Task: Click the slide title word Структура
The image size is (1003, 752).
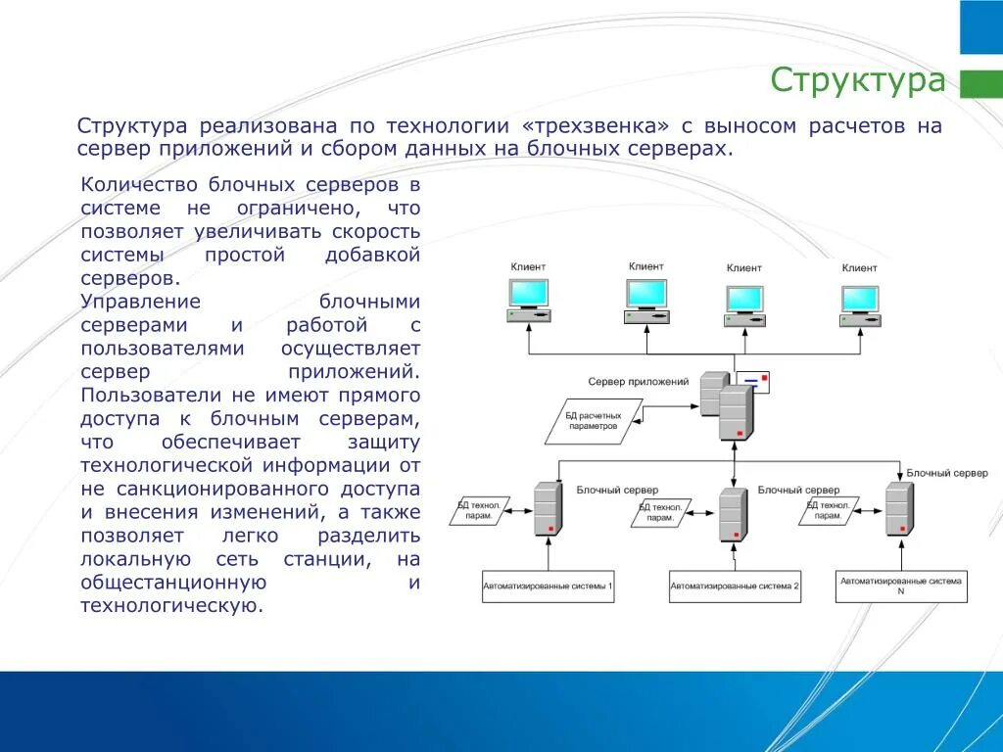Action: click(x=857, y=79)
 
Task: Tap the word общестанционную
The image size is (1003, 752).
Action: click(x=174, y=583)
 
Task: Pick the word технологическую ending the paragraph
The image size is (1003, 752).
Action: click(x=172, y=606)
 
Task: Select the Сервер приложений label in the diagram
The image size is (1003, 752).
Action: click(x=638, y=382)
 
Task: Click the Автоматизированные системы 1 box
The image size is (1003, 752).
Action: click(x=548, y=586)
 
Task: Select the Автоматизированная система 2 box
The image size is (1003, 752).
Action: click(x=735, y=586)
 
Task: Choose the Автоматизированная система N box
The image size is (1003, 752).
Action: click(x=900, y=586)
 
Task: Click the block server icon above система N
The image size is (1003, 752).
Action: click(x=898, y=507)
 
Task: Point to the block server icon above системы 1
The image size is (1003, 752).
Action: click(x=548, y=507)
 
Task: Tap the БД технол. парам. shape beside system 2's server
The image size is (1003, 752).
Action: click(x=660, y=512)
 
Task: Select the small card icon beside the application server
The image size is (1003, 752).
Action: click(x=752, y=382)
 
